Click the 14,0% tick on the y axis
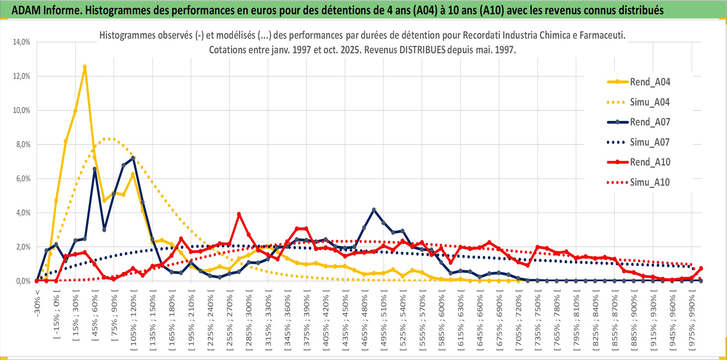point(22,42)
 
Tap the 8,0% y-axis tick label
point(23,145)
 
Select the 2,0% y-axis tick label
point(23,247)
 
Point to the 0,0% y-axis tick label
point(23,281)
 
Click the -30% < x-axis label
point(37,303)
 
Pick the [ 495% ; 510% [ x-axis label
point(383,321)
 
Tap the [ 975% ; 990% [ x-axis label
point(691,321)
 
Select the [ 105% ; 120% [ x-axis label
point(133,321)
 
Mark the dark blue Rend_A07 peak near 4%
point(374,210)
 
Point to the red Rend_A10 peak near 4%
point(239,214)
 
